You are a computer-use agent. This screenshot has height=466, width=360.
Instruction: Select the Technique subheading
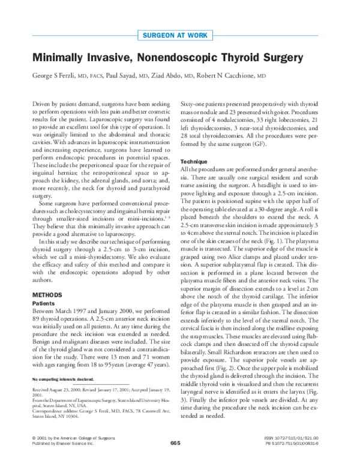point(194,162)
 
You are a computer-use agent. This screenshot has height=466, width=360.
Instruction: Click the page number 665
point(175,459)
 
